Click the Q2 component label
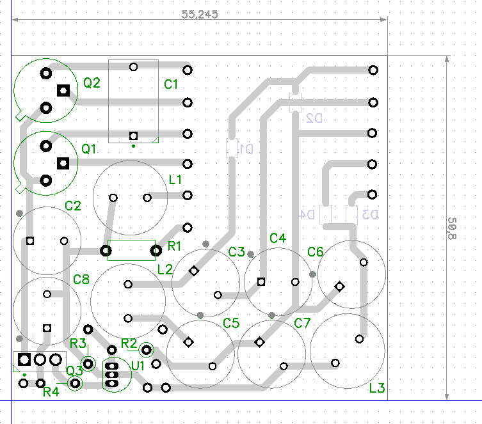pos(92,82)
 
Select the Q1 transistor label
pos(89,149)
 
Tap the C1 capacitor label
pos(171,84)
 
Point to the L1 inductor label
pos(176,180)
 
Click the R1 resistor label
pos(175,246)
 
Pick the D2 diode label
pos(314,118)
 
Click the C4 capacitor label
pos(278,239)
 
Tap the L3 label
pos(377,388)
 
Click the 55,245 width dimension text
pos(200,14)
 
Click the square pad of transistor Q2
pos(63,91)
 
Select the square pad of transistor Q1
pos(63,164)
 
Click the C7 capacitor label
pos(302,323)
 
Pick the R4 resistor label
pos(51,391)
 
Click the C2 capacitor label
pos(73,206)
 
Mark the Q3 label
pos(75,370)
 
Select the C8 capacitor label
pos(81,279)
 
